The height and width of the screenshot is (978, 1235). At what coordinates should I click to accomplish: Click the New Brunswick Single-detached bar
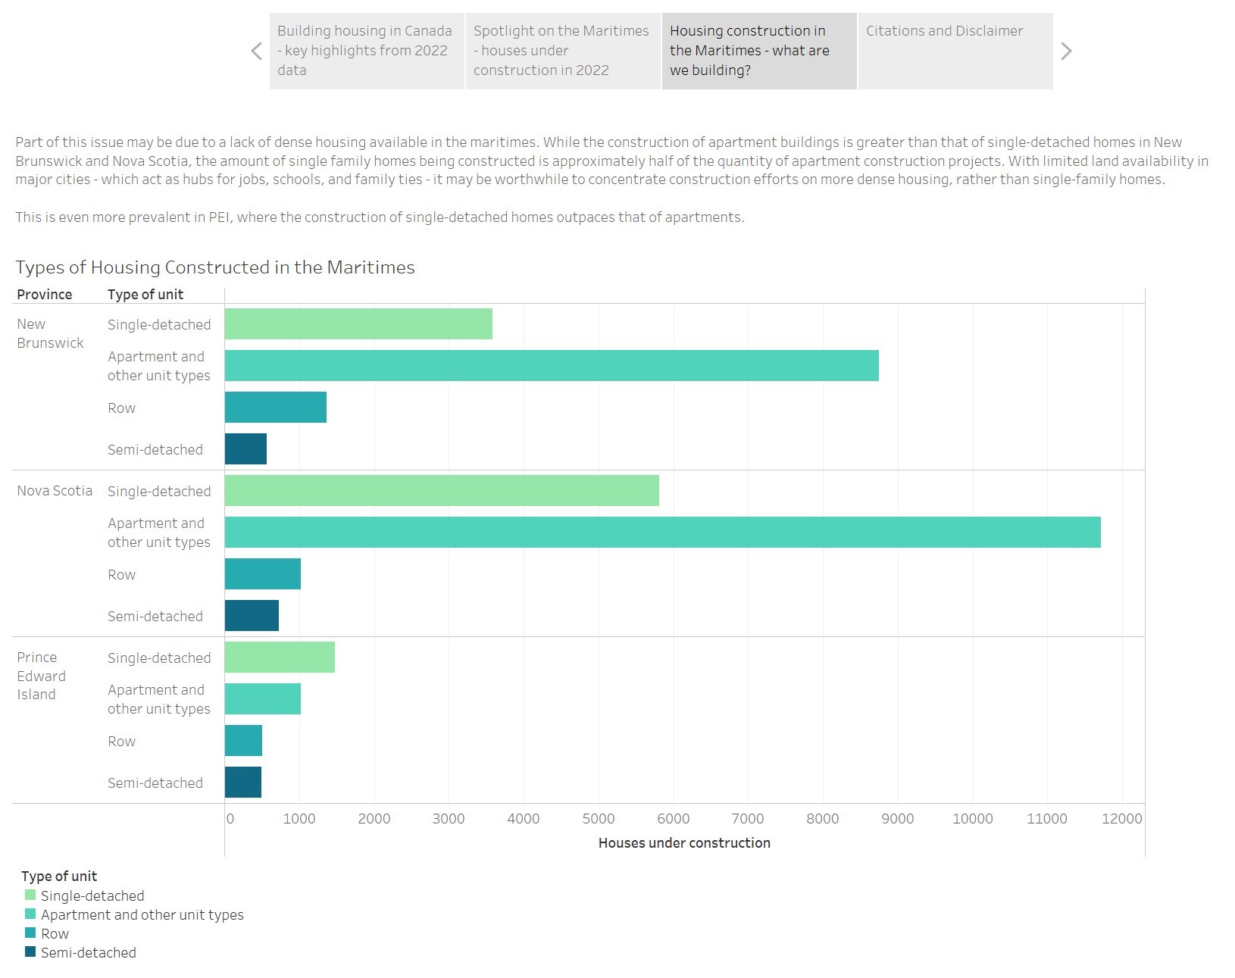(358, 324)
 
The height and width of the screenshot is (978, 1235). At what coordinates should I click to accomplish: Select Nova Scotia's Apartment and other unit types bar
(662, 533)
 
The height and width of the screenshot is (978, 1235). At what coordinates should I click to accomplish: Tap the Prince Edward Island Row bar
(243, 741)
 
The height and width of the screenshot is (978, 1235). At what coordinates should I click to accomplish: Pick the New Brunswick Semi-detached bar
(245, 449)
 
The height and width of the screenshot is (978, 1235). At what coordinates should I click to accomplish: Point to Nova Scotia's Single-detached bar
(442, 491)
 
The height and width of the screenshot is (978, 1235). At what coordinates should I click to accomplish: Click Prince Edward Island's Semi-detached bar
(243, 783)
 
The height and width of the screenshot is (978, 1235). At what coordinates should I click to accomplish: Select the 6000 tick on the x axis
(673, 819)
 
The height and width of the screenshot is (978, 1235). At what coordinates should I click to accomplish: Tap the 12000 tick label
(1121, 819)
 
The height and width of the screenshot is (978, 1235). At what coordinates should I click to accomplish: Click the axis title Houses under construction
(684, 843)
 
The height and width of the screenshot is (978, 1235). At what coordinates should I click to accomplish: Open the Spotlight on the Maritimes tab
(562, 51)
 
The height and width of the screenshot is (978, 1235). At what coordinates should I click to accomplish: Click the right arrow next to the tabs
(1066, 51)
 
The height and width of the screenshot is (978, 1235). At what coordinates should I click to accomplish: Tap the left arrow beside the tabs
(256, 51)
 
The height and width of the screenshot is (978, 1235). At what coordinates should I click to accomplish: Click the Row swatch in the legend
(30, 933)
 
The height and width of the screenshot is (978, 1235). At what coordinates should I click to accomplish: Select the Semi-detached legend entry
(88, 953)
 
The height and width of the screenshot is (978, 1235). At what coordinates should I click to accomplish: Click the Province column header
(45, 295)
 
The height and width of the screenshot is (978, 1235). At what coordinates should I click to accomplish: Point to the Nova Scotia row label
(55, 491)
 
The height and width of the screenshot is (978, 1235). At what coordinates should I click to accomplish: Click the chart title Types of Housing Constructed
(215, 267)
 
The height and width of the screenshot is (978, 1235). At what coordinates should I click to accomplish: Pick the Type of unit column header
(145, 295)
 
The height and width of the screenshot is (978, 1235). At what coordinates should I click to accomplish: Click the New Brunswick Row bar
(276, 408)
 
